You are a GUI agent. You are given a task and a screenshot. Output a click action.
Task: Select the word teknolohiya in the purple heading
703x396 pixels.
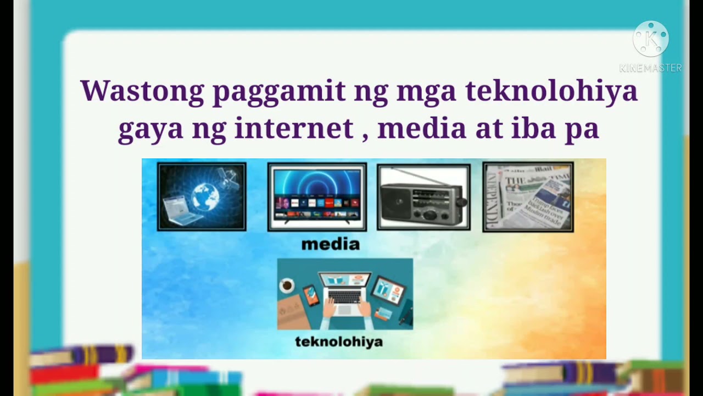point(551,91)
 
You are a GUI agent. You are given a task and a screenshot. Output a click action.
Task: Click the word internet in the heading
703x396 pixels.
point(293,129)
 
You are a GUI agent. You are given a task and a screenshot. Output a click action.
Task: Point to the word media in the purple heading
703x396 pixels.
point(422,129)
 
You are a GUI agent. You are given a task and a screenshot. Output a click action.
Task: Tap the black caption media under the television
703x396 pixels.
point(330,244)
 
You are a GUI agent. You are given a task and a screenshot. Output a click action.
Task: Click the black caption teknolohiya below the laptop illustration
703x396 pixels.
point(339,342)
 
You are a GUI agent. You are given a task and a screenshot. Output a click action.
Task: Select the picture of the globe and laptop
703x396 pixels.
point(202,196)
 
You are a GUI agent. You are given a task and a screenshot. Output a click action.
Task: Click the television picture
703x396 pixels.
point(317,196)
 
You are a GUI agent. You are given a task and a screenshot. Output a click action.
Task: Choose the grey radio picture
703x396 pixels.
point(423,197)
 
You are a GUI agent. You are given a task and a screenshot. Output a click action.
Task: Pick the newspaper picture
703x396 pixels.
point(528,196)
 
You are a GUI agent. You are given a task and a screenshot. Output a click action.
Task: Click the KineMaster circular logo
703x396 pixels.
point(651,39)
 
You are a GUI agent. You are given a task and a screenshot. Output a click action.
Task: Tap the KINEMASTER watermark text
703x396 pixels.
point(651,68)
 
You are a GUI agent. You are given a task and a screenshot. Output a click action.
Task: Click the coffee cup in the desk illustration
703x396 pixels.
point(286,285)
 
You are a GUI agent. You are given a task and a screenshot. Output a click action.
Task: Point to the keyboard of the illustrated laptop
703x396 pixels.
point(344,296)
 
